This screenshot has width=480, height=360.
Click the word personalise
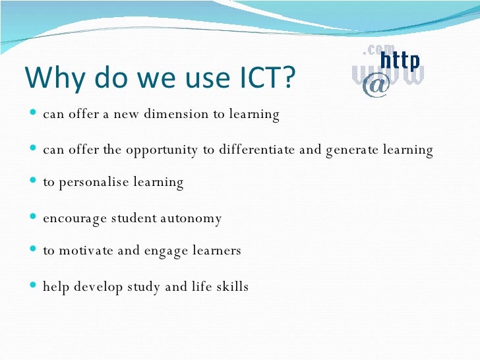(99, 183)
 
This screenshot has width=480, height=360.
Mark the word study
(158, 287)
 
